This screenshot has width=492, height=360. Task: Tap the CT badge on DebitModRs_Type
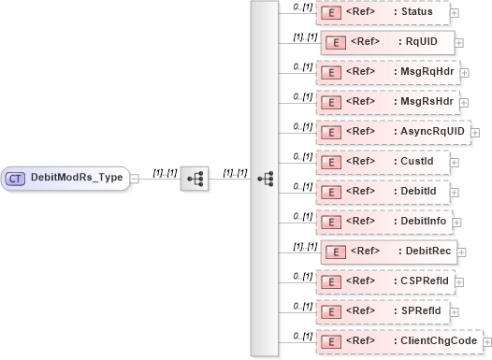16,178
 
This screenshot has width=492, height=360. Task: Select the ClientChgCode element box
398,341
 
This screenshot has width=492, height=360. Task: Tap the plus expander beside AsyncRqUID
474,132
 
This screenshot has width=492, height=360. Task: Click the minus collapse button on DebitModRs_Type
136,178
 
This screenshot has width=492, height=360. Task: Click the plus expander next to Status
455,12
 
